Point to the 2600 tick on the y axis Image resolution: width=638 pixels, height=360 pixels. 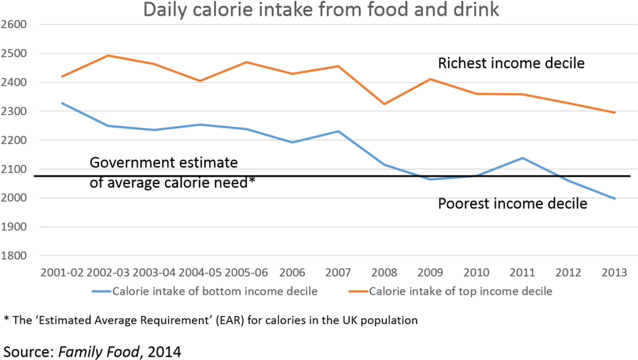14,24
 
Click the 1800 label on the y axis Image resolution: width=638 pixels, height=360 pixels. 14,255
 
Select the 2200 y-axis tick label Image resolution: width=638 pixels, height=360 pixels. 14,140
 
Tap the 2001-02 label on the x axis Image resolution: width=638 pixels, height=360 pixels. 62,271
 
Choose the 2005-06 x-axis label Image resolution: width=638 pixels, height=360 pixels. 246,271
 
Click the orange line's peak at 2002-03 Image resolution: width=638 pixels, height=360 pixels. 109,56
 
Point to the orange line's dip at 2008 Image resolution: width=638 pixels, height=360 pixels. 385,104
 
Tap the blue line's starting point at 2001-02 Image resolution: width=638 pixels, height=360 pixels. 62,103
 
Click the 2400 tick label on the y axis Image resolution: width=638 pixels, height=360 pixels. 14,82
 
